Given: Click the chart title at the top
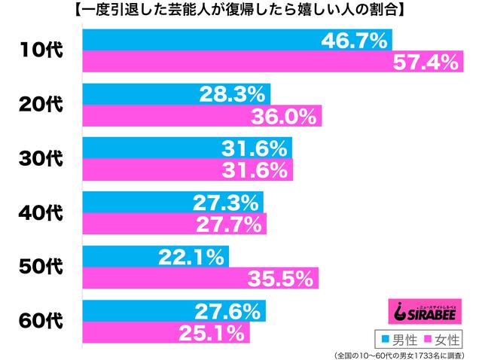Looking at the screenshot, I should click(x=241, y=11).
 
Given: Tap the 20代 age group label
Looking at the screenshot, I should click(x=41, y=105).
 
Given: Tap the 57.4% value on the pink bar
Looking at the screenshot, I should click(x=425, y=63).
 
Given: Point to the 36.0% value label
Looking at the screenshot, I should click(x=285, y=117).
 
